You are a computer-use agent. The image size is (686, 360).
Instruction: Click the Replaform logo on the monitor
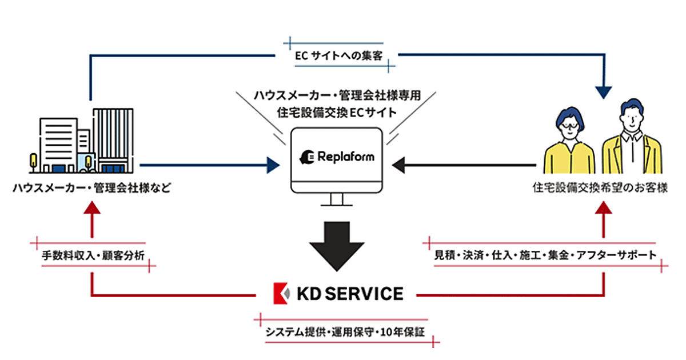click(337, 155)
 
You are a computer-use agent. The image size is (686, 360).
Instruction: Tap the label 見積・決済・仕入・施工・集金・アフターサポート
click(545, 255)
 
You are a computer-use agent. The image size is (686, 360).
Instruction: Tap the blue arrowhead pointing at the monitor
click(274, 166)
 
